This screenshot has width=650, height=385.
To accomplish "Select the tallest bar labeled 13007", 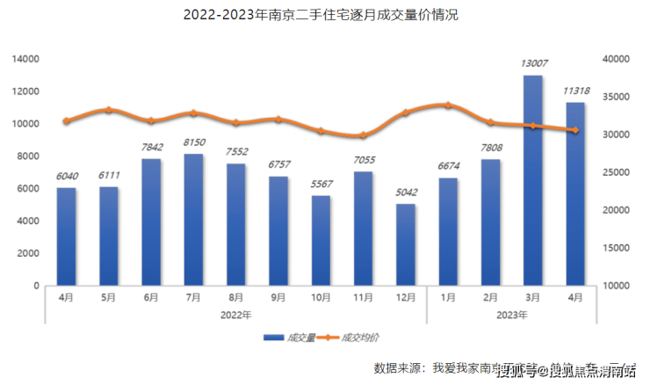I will click(x=533, y=180).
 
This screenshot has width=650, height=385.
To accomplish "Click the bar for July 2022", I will click(x=194, y=220).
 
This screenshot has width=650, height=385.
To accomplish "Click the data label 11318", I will click(x=575, y=90).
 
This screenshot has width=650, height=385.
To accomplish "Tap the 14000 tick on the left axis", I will click(x=26, y=59).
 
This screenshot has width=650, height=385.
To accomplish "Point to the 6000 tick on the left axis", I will click(x=30, y=189).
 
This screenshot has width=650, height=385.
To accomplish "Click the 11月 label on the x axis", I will click(x=363, y=298).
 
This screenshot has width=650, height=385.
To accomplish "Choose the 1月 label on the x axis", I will click(x=448, y=298).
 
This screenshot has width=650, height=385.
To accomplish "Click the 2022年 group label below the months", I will click(x=235, y=314).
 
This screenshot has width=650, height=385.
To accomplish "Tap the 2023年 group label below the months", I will click(x=511, y=314).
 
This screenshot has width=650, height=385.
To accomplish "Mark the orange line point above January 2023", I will click(x=448, y=105).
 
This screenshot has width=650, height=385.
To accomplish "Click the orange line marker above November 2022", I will click(x=363, y=135).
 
